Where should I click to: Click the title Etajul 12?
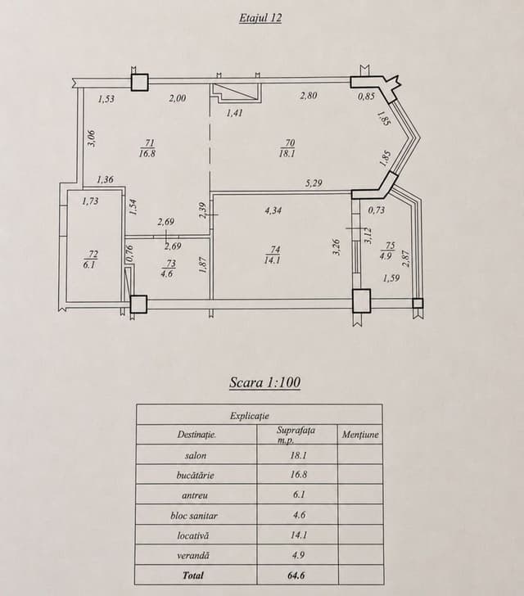click(x=260, y=18)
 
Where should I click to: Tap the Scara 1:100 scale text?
click(x=264, y=382)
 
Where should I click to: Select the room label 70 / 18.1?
click(x=288, y=148)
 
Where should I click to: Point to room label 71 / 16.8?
click(x=148, y=148)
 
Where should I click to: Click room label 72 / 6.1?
click(x=90, y=260)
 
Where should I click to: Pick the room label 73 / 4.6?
click(x=167, y=269)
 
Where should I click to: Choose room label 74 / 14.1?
click(x=273, y=255)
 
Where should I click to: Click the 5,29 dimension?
click(x=314, y=183)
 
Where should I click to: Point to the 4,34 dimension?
click(x=273, y=210)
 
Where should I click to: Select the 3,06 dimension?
click(x=93, y=138)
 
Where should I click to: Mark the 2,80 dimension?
click(x=308, y=96)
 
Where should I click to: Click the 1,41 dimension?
click(x=234, y=112)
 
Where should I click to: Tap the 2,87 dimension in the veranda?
click(x=406, y=258)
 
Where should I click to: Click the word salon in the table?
click(x=196, y=455)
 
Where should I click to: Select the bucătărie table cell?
click(x=196, y=474)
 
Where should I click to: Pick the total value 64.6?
click(x=296, y=576)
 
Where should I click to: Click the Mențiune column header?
click(x=360, y=435)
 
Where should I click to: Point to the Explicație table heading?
click(x=250, y=415)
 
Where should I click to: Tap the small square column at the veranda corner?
click(x=418, y=303)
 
